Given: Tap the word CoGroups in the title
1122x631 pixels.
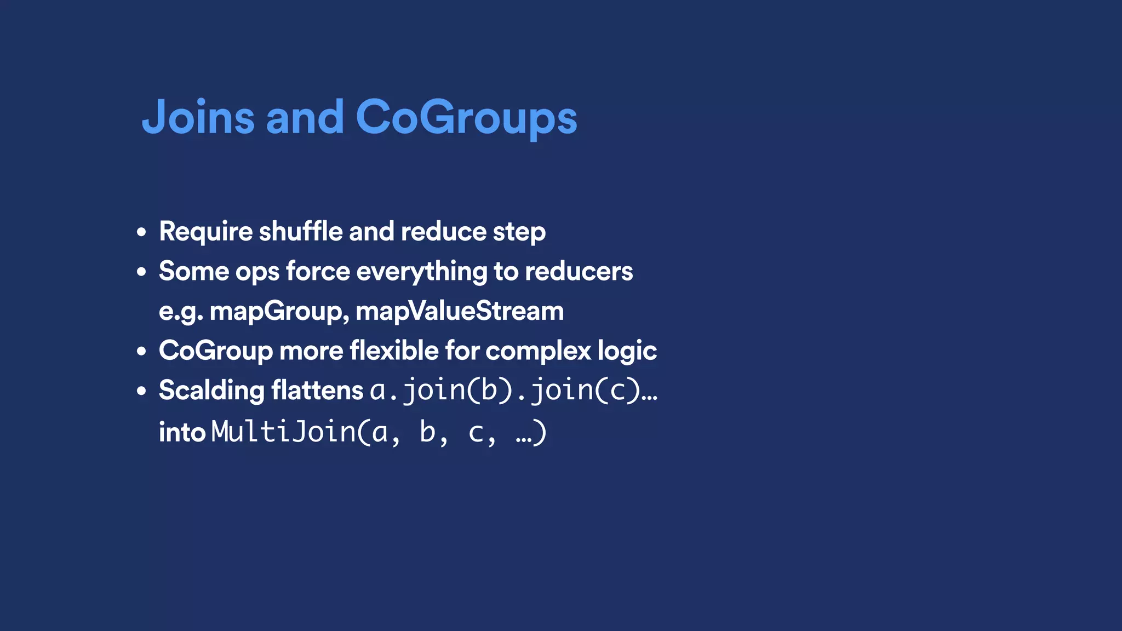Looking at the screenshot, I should coord(466,117).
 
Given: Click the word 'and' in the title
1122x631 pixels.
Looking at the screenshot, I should coord(305,117).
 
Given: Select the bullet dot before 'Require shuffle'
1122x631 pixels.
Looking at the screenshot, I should coord(142,232).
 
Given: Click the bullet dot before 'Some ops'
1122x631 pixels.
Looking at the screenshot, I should coord(142,272).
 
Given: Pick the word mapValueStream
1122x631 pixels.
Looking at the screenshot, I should coord(460,311).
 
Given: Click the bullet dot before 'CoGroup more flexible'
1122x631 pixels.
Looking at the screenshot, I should coord(142,351).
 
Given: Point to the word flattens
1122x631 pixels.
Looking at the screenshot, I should coord(317,391).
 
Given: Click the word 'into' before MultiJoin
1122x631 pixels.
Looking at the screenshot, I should coord(182,432).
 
